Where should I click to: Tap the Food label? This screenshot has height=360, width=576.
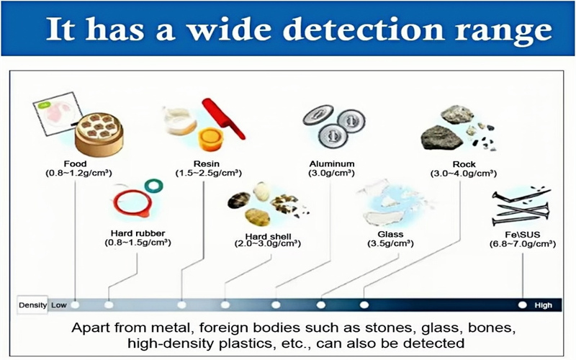(76, 164)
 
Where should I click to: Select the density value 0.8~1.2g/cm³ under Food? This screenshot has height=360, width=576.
(78, 173)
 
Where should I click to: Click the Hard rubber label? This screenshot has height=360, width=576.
(138, 233)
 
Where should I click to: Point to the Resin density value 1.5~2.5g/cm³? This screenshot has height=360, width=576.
(209, 173)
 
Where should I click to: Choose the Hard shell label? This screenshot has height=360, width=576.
(268, 236)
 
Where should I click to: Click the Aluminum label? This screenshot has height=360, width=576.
(332, 164)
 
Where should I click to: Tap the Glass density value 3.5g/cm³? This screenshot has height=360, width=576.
(390, 243)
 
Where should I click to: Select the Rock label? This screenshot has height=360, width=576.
(464, 164)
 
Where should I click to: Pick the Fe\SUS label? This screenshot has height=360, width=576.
(523, 235)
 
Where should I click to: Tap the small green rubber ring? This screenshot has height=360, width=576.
(154, 186)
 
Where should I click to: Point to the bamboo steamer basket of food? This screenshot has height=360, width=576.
(99, 134)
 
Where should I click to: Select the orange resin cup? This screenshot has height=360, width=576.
(211, 139)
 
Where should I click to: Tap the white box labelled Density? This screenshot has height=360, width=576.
(32, 305)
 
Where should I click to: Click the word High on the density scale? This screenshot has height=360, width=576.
(543, 305)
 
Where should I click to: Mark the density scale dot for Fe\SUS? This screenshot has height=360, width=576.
(523, 305)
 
